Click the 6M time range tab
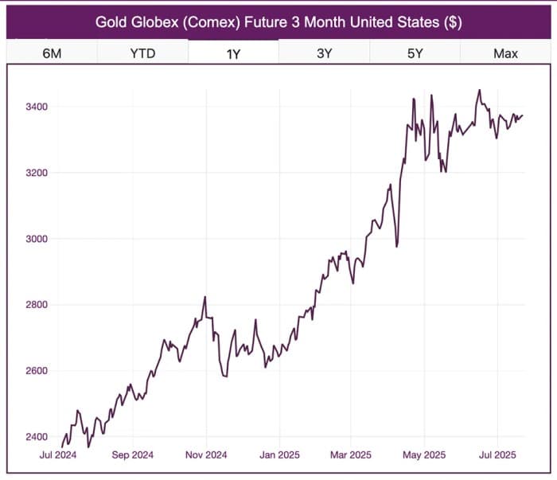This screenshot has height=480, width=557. pos(52,53)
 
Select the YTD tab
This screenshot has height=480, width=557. pos(143,53)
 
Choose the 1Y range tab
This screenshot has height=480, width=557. pos(234,53)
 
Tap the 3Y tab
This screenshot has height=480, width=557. pos(324,53)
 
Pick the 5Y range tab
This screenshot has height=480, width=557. pos(414,53)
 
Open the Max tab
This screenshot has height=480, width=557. pos(505,53)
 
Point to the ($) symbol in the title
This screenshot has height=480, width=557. pos(452,21)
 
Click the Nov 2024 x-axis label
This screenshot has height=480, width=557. pos(206,456)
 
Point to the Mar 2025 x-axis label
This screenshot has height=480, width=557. pos(350,456)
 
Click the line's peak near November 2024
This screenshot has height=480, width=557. pos(205,297)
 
